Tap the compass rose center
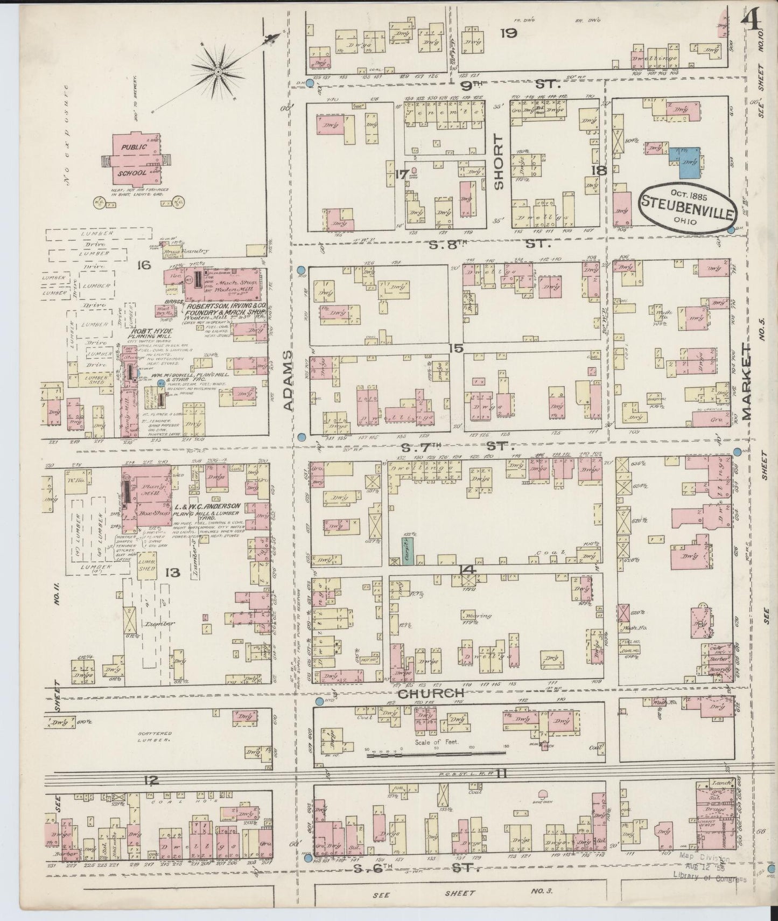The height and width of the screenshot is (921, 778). pyautogui.click(x=219, y=71)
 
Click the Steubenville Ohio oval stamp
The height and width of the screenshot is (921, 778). pyautogui.click(x=687, y=205)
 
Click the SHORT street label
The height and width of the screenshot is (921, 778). pyautogui.click(x=498, y=162)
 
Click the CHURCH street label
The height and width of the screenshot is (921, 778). pyautogui.click(x=430, y=693)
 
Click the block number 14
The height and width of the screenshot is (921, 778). pyautogui.click(x=466, y=569)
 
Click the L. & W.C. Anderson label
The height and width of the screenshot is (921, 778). pyautogui.click(x=207, y=507)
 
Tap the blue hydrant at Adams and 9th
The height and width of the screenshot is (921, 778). pyautogui.click(x=309, y=83)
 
